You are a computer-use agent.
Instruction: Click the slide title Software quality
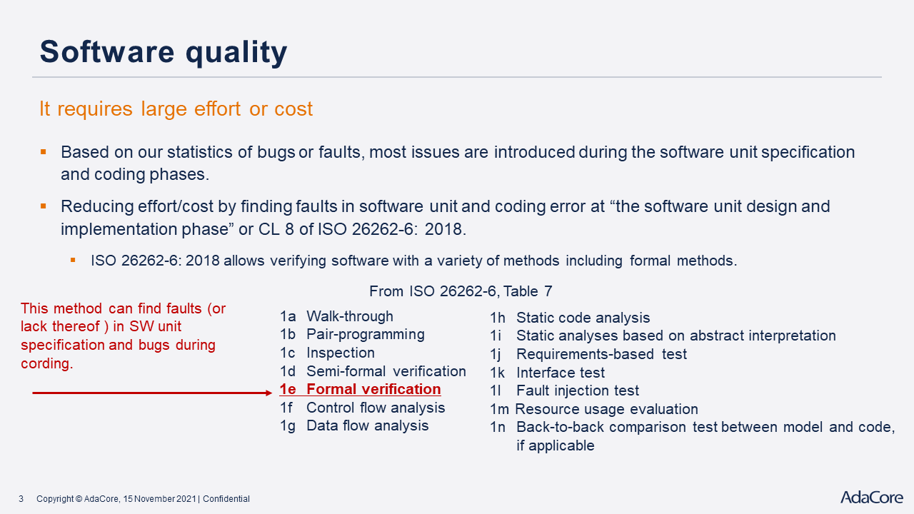(164, 53)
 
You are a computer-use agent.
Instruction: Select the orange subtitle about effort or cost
(176, 109)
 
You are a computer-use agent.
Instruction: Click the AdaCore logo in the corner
(872, 498)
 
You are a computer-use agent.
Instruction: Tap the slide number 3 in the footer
(21, 499)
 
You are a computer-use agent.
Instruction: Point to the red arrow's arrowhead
(268, 393)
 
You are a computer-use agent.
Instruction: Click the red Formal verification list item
(360, 389)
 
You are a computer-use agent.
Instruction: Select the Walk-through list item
(336, 316)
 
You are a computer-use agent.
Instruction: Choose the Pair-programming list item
(352, 335)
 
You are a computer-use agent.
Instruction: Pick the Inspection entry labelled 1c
(327, 353)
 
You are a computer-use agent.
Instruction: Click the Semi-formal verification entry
(373, 371)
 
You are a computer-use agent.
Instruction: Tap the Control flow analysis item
(362, 408)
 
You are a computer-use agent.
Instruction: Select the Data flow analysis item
(354, 426)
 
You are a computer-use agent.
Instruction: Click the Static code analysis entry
(570, 318)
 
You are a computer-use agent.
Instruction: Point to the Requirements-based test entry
(588, 354)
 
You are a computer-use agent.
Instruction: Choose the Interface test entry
(547, 373)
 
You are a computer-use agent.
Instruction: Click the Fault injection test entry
(564, 390)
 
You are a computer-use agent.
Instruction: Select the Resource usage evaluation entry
(594, 409)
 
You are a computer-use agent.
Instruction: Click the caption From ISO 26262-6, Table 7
(461, 291)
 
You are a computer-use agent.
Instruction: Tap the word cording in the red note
(47, 363)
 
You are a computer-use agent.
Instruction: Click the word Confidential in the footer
(226, 499)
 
